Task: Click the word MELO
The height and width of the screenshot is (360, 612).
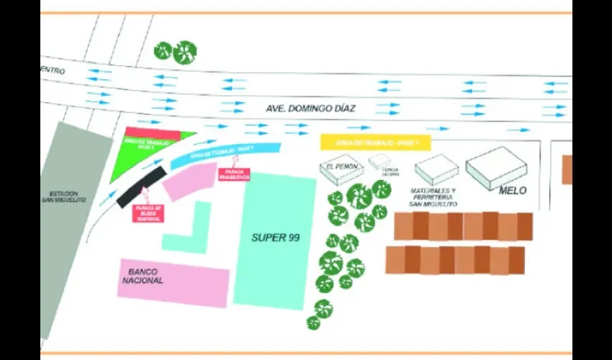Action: [x=513, y=191]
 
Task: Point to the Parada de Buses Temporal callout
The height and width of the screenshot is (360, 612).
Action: [x=148, y=212]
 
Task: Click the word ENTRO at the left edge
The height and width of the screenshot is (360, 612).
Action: [x=54, y=71]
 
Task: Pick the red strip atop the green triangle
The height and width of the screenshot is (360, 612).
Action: [x=152, y=133]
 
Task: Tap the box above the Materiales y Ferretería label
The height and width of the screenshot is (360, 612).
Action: [x=436, y=169]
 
